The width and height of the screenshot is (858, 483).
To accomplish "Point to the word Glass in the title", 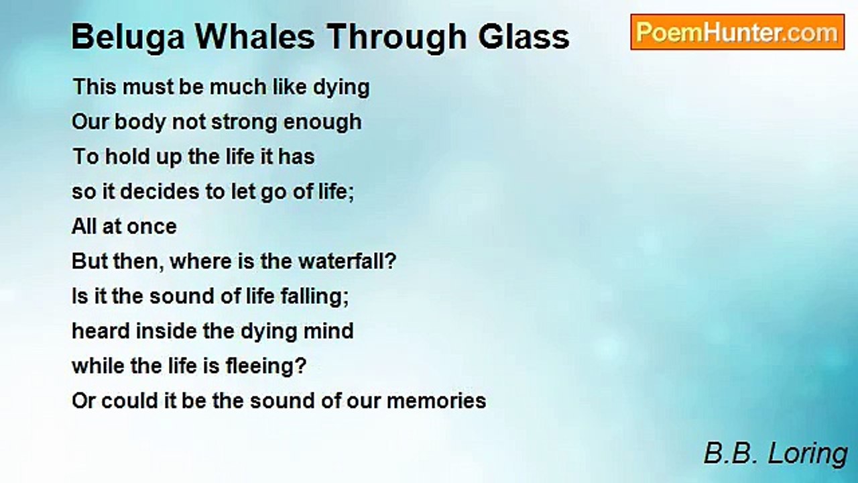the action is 524,37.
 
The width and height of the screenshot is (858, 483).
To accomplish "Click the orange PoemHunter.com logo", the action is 737,32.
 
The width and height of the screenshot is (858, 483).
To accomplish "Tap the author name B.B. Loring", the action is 776,454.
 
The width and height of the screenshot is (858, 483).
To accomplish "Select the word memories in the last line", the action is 436,401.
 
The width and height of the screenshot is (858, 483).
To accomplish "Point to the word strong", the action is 244,122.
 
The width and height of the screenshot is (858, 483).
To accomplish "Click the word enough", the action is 322,122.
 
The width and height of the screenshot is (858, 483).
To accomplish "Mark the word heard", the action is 101,331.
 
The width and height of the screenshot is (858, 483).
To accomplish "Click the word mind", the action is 328,331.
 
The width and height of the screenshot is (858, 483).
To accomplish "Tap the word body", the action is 140,122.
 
